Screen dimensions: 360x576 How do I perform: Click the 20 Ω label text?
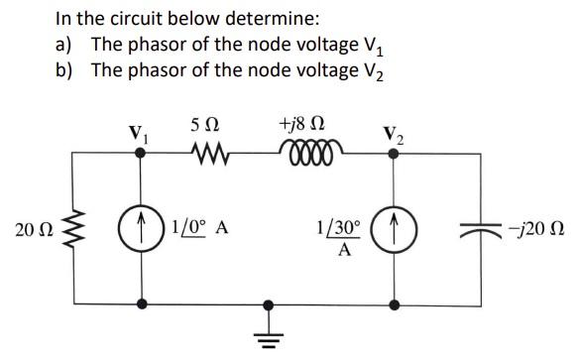pyautogui.click(x=33, y=230)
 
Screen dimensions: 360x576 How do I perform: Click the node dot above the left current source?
pyautogui.click(x=144, y=155)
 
